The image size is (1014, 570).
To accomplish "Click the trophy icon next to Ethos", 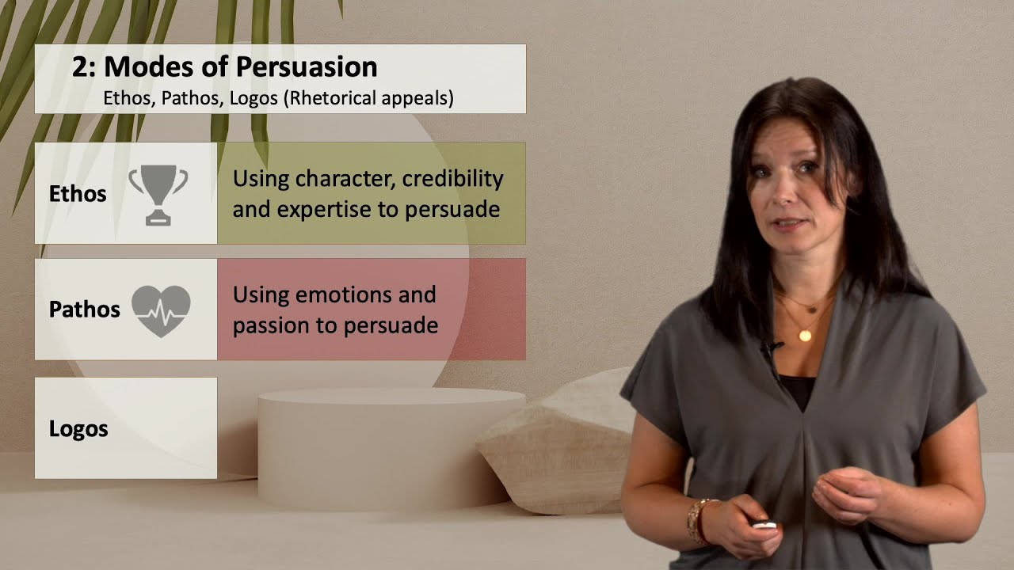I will [x=158, y=194].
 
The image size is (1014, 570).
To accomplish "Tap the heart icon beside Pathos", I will [x=161, y=310].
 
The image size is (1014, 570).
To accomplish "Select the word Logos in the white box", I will [x=78, y=429].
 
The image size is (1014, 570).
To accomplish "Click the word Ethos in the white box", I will [x=78, y=194].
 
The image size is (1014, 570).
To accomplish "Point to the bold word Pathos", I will [x=84, y=310].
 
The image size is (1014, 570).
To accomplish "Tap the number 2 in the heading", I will [x=78, y=67].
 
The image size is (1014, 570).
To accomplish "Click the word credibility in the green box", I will [x=452, y=179].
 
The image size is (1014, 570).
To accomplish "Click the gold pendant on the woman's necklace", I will [x=805, y=336].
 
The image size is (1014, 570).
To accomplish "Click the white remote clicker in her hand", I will [x=764, y=524].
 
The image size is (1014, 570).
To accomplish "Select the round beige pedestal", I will [x=383, y=447].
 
